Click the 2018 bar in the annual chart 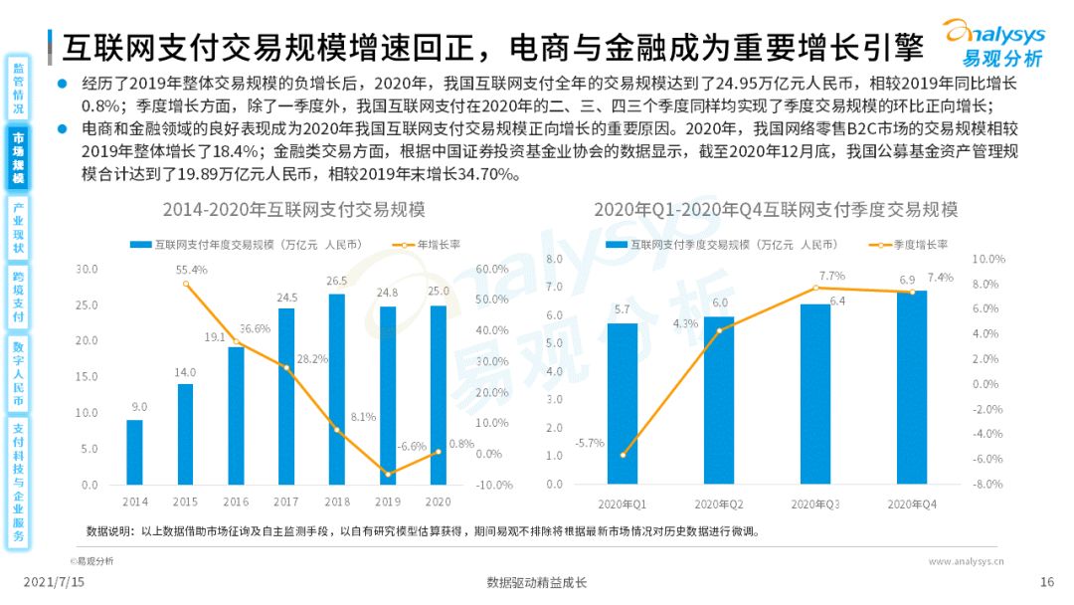pyautogui.click(x=336, y=389)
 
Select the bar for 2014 pyautogui.click(x=134, y=452)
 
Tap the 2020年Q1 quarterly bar pyautogui.click(x=622, y=403)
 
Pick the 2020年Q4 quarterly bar pyautogui.click(x=911, y=387)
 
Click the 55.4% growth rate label pyautogui.click(x=191, y=270)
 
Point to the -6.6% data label pyautogui.click(x=411, y=447)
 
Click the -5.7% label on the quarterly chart pyautogui.click(x=589, y=443)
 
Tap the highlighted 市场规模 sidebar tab pyautogui.click(x=18, y=158)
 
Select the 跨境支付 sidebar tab pyautogui.click(x=18, y=296)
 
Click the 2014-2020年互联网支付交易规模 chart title pyautogui.click(x=294, y=210)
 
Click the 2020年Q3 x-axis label pyautogui.click(x=814, y=504)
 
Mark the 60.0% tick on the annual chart pyautogui.click(x=494, y=269)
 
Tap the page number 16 pyautogui.click(x=1046, y=583)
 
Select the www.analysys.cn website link pyautogui.click(x=966, y=561)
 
